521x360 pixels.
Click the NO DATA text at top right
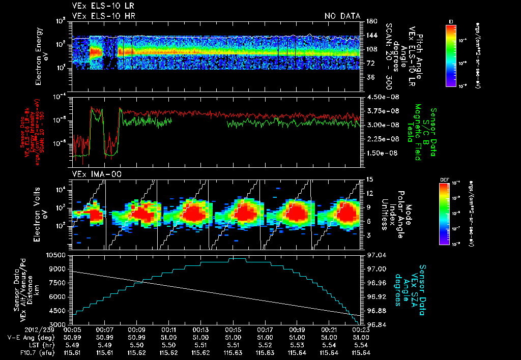click(342, 16)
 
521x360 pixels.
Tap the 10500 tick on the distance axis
click(56, 254)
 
